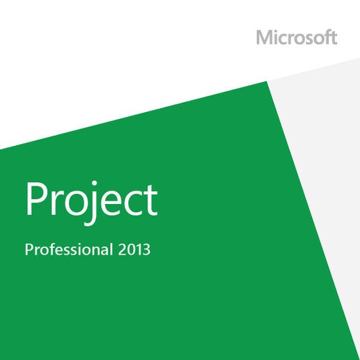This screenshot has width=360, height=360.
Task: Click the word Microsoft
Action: (297, 37)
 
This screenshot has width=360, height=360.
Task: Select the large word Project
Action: (91, 197)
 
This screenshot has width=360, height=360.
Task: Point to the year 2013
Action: (134, 249)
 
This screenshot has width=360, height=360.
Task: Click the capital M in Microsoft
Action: (264, 37)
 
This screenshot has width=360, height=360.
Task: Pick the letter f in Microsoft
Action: (324, 37)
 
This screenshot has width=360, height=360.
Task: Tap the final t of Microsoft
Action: (333, 38)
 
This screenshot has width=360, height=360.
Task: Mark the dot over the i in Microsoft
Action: (275, 31)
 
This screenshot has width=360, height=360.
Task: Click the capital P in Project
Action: (35, 197)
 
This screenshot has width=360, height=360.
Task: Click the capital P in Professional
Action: (28, 249)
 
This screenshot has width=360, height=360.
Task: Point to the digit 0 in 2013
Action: (130, 249)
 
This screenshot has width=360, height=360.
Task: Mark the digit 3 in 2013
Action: (147, 249)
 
